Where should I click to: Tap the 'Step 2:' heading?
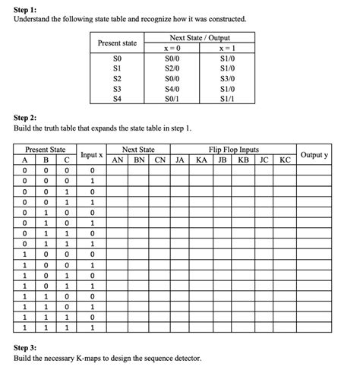(x=28, y=119)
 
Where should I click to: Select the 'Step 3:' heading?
(x=28, y=346)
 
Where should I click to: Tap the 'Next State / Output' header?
(x=200, y=38)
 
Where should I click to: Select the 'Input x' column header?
(x=91, y=155)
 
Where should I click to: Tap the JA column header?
(x=180, y=160)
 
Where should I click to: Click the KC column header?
(x=286, y=160)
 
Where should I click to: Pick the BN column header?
(x=138, y=160)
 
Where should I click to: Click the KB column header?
(x=244, y=160)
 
